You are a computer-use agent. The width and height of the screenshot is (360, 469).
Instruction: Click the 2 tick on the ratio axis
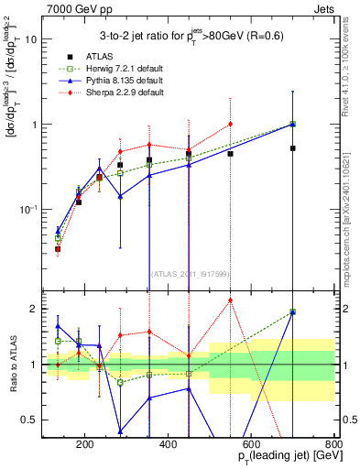pyautogui.click(x=35, y=309)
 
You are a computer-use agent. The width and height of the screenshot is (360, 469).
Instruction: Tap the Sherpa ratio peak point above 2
pyautogui.click(x=230, y=300)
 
